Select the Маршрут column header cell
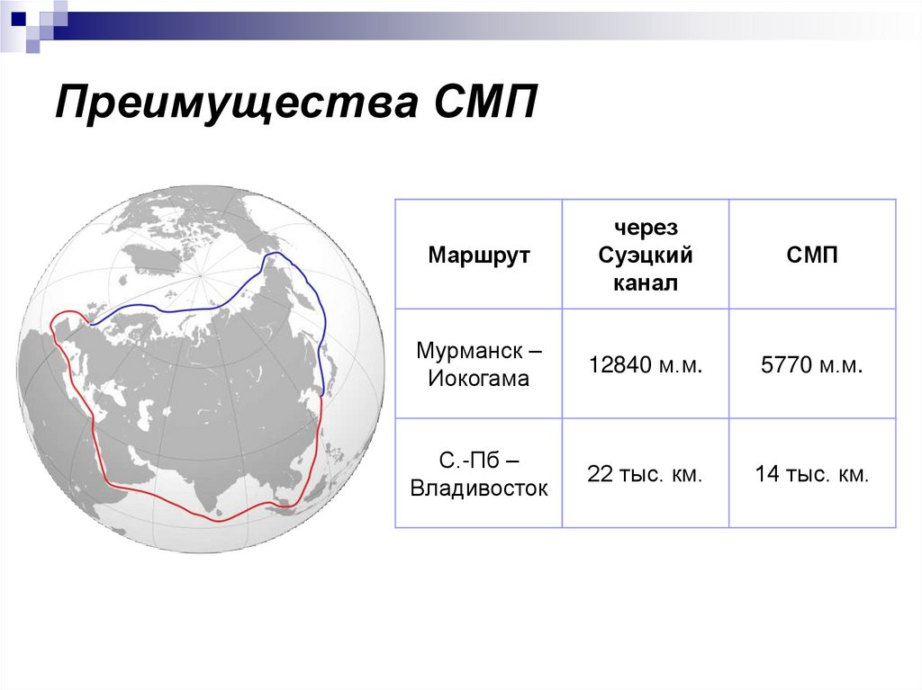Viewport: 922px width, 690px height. [479, 255]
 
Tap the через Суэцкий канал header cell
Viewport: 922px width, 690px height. [646, 255]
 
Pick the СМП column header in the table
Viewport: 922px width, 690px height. [812, 255]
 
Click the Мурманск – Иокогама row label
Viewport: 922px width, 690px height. [479, 363]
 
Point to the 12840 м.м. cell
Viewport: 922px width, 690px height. [646, 364]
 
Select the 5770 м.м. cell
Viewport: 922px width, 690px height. [812, 364]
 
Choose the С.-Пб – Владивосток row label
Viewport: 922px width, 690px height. [479, 474]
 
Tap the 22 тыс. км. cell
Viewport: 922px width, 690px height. [646, 473]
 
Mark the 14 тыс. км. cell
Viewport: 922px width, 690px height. [812, 473]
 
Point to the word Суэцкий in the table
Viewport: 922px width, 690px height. [646, 255]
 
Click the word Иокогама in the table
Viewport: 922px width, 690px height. [479, 379]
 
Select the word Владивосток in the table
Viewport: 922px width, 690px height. [479, 488]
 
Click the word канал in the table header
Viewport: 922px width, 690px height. [646, 282]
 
